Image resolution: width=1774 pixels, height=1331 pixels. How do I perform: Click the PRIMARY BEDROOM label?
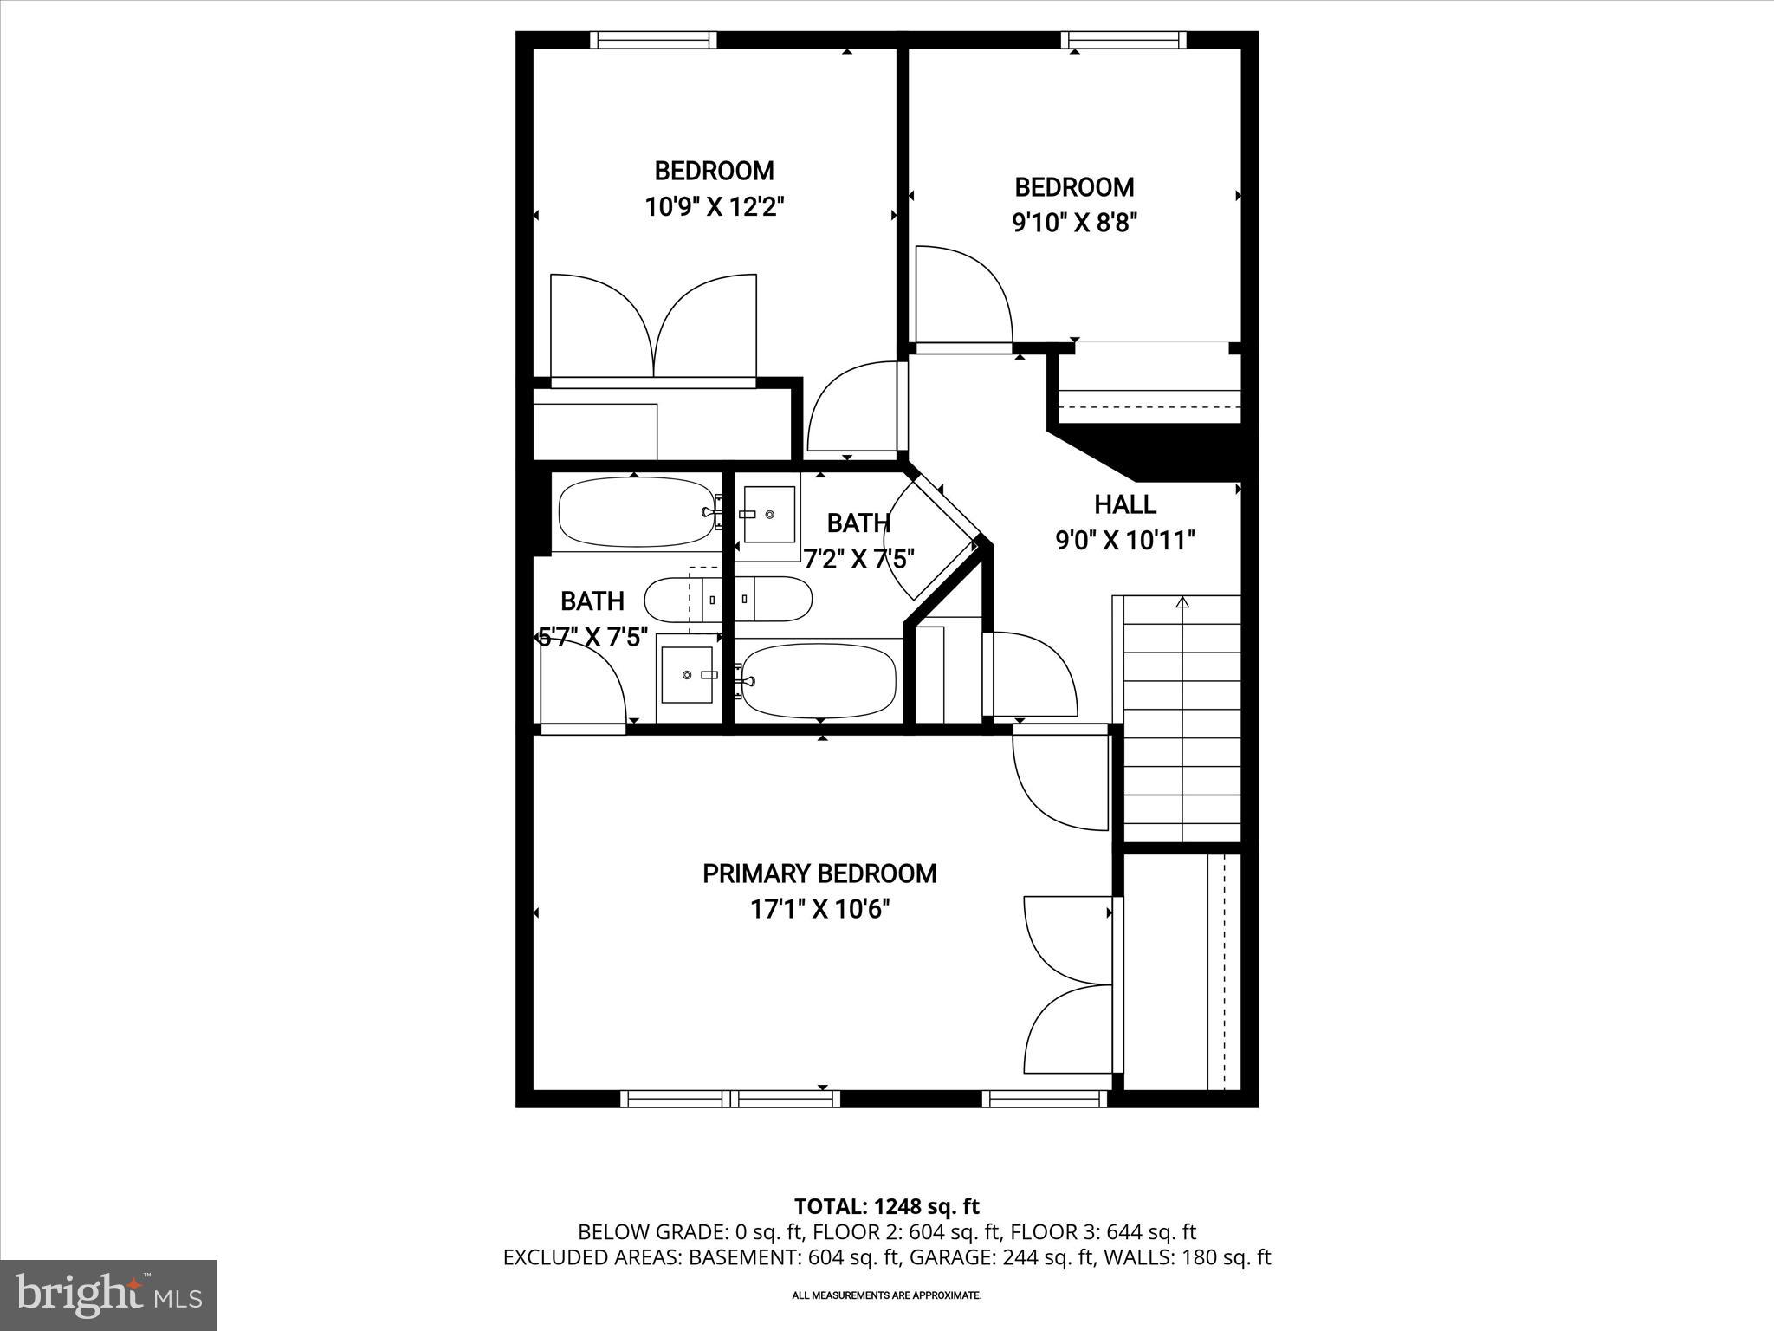coord(819,873)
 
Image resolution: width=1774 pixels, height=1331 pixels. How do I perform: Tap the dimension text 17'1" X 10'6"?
coord(819,910)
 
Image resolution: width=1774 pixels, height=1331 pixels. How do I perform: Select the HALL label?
coord(1124,504)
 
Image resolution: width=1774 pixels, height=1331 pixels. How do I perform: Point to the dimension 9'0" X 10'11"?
coord(1124,541)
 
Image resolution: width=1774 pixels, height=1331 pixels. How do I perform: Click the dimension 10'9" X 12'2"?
coord(714,207)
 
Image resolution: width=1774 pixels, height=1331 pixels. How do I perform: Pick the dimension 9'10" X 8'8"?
coord(1074,224)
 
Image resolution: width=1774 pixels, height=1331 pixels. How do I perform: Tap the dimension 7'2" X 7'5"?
coord(858,559)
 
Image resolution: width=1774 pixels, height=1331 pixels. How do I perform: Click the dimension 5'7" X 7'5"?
coord(593,638)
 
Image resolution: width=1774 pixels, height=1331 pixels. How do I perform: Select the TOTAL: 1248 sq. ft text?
coord(886,1206)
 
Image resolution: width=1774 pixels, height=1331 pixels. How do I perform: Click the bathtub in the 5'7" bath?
coord(637,512)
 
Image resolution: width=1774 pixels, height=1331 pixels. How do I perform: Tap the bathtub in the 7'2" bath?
coord(819,680)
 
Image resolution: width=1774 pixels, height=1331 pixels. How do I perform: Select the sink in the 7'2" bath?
coord(769,514)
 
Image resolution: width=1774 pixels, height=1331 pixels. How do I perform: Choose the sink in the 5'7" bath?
coord(687,674)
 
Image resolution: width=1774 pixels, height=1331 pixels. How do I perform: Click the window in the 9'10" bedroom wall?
coord(1123,40)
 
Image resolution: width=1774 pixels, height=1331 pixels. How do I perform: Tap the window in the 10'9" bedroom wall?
coord(654,40)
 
